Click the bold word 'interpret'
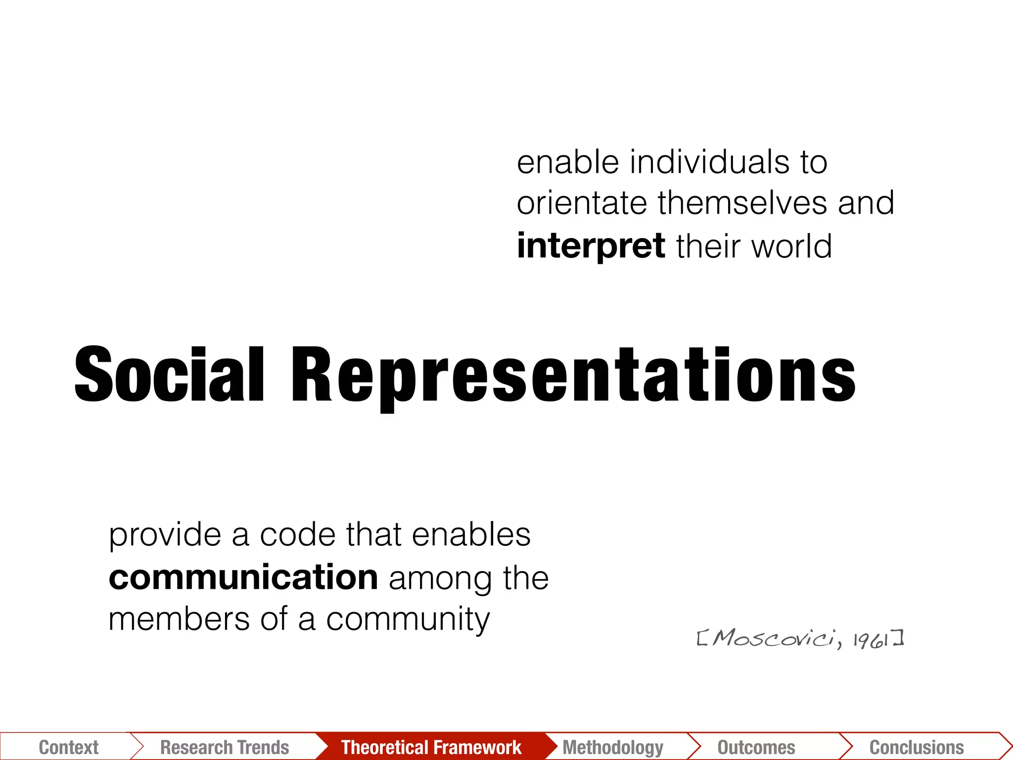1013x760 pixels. point(591,246)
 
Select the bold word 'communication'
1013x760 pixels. point(243,577)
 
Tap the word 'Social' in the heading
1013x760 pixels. point(169,375)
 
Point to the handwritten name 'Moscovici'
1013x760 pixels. point(775,639)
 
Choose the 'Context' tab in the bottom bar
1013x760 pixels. point(68,747)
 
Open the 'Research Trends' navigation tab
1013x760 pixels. point(225,747)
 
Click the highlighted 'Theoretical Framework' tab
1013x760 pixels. point(431,747)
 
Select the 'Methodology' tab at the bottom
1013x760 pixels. point(613,747)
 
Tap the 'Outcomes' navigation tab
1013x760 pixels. point(756,747)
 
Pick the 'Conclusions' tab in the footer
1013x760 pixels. point(917,747)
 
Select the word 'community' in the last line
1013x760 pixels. point(408,620)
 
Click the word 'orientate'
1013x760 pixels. point(582,203)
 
